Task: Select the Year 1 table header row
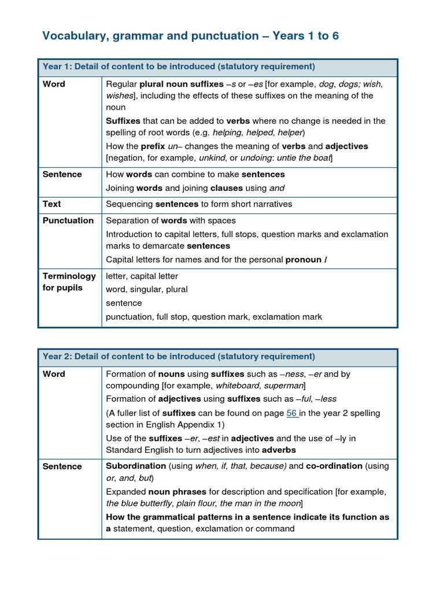pos(217,66)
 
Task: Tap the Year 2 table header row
pos(217,357)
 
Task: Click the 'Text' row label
pos(51,204)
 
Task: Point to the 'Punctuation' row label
pos(68,220)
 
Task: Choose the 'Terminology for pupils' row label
pos(69,282)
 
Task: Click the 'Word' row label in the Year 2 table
pos(54,374)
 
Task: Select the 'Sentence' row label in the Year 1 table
pos(62,174)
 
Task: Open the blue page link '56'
pos(293,413)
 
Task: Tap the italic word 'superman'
pos(283,386)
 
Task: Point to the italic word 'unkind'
pos(212,158)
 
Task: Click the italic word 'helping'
pos(227,132)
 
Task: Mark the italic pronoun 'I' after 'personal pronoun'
pos(325,260)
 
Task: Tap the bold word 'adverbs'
pos(279,450)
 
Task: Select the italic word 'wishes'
pos(119,95)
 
